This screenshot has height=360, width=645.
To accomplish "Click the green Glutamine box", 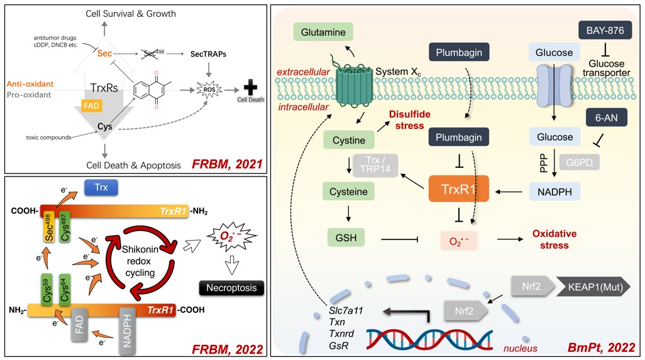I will coord(322,31).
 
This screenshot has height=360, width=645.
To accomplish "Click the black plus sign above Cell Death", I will coord(250,88).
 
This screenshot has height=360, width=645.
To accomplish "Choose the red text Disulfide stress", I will coord(409,119).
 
